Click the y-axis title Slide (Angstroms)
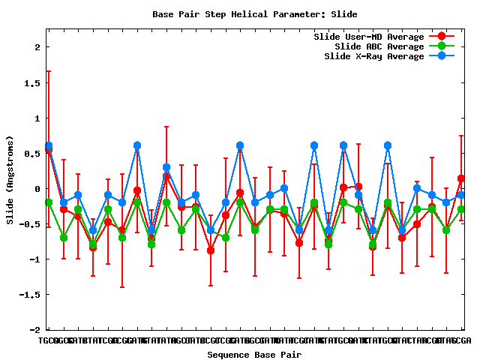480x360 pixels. pos(10,180)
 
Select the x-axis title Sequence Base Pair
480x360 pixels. pos(254,355)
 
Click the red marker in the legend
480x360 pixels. pos(442,37)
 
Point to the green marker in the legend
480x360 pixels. pos(442,46)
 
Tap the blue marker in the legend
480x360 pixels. pos(442,56)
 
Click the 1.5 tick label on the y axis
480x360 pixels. pos(31,82)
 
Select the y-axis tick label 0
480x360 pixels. pos(37,189)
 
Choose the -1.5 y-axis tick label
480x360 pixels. pos(29,295)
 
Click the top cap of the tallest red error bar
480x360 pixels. pos(49,71)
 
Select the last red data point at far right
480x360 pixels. pos(460,178)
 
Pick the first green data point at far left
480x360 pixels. pos(49,202)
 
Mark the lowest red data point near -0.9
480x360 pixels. pos(211,250)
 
